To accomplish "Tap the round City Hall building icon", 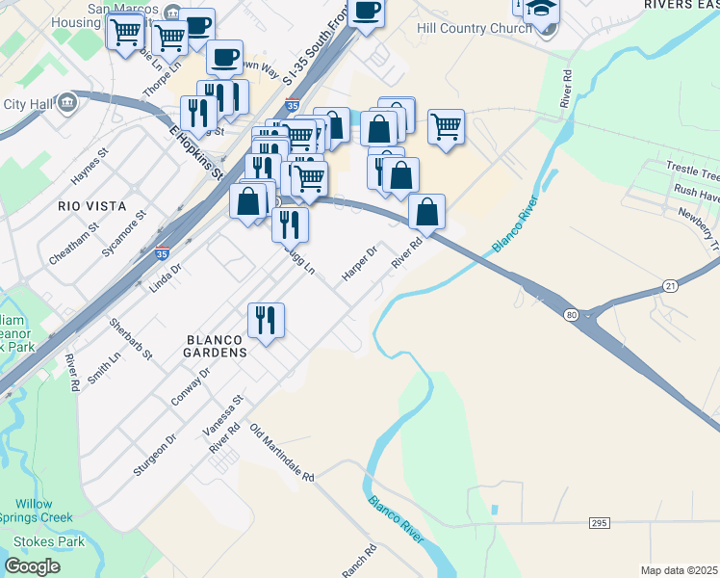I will tap(67, 102).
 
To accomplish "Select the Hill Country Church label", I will tap(474, 28).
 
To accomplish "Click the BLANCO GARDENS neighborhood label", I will tap(217, 347).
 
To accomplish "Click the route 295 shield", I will tap(599, 522).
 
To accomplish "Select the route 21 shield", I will tap(670, 287).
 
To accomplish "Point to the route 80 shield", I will tap(572, 314).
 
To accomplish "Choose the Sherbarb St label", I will tap(131, 338).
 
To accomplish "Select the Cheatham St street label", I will tap(74, 245).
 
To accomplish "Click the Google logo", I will tap(33, 566).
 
